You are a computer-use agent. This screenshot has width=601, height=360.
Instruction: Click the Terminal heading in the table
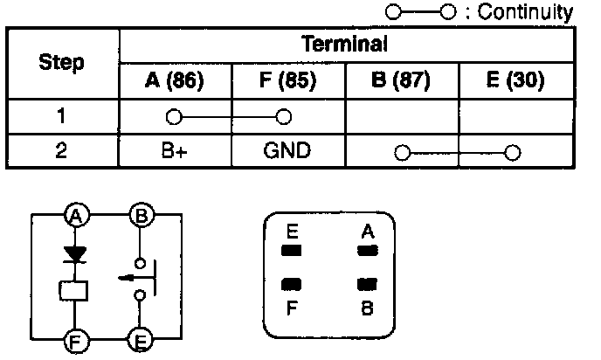(344, 44)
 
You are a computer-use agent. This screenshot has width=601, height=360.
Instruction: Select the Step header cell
(63, 63)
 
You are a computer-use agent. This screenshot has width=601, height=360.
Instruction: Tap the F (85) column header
(287, 81)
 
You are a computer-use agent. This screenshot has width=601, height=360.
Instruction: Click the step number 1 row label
(62, 115)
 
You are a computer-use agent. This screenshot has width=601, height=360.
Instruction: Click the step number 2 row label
(62, 150)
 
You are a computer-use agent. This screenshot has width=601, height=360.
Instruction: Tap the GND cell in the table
(287, 150)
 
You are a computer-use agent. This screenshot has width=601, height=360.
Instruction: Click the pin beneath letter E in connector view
(292, 252)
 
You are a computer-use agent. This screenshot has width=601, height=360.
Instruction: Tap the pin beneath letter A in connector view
(368, 252)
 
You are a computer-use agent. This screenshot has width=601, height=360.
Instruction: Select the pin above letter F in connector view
(292, 284)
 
